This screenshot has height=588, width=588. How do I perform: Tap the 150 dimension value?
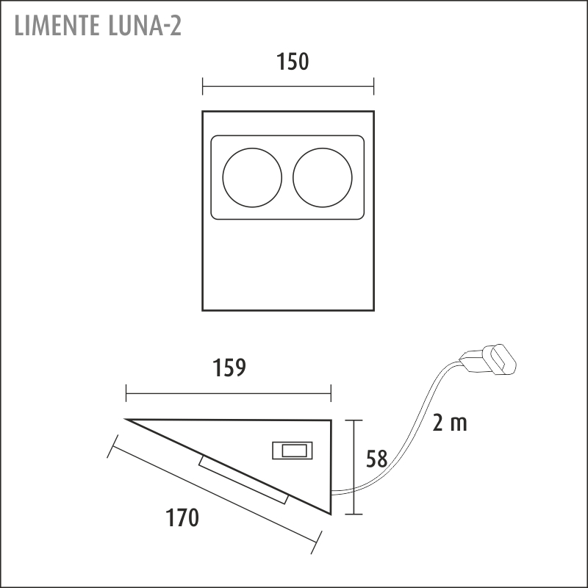tap(293, 62)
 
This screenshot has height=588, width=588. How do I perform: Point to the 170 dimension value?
tap(182, 518)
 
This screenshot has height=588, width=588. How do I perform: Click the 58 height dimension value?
tap(377, 459)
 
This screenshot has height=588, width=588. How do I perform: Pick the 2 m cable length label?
tap(450, 423)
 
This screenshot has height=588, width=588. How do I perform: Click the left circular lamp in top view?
tap(252, 177)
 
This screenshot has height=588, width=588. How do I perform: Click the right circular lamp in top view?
tap(323, 177)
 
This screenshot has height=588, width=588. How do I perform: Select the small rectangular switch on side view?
tap(292, 450)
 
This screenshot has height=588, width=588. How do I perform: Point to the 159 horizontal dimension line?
tap(229, 395)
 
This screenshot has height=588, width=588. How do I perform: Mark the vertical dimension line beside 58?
tap(355, 467)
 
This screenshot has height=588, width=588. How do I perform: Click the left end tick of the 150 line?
tap(203, 87)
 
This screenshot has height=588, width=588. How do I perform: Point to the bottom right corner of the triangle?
tap(331, 514)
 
